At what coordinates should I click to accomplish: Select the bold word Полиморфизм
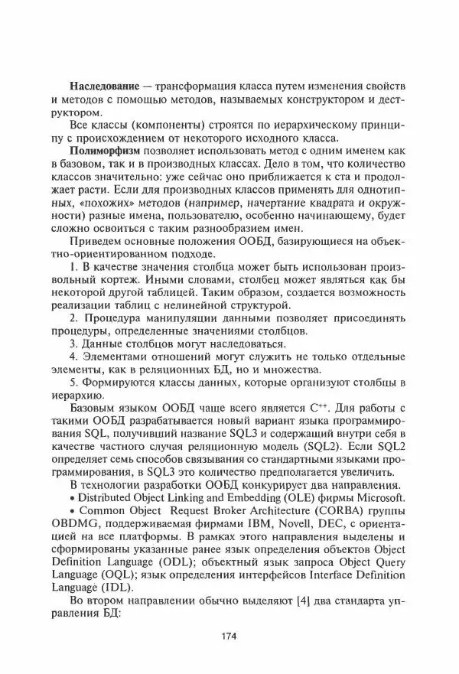[x=104, y=151]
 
